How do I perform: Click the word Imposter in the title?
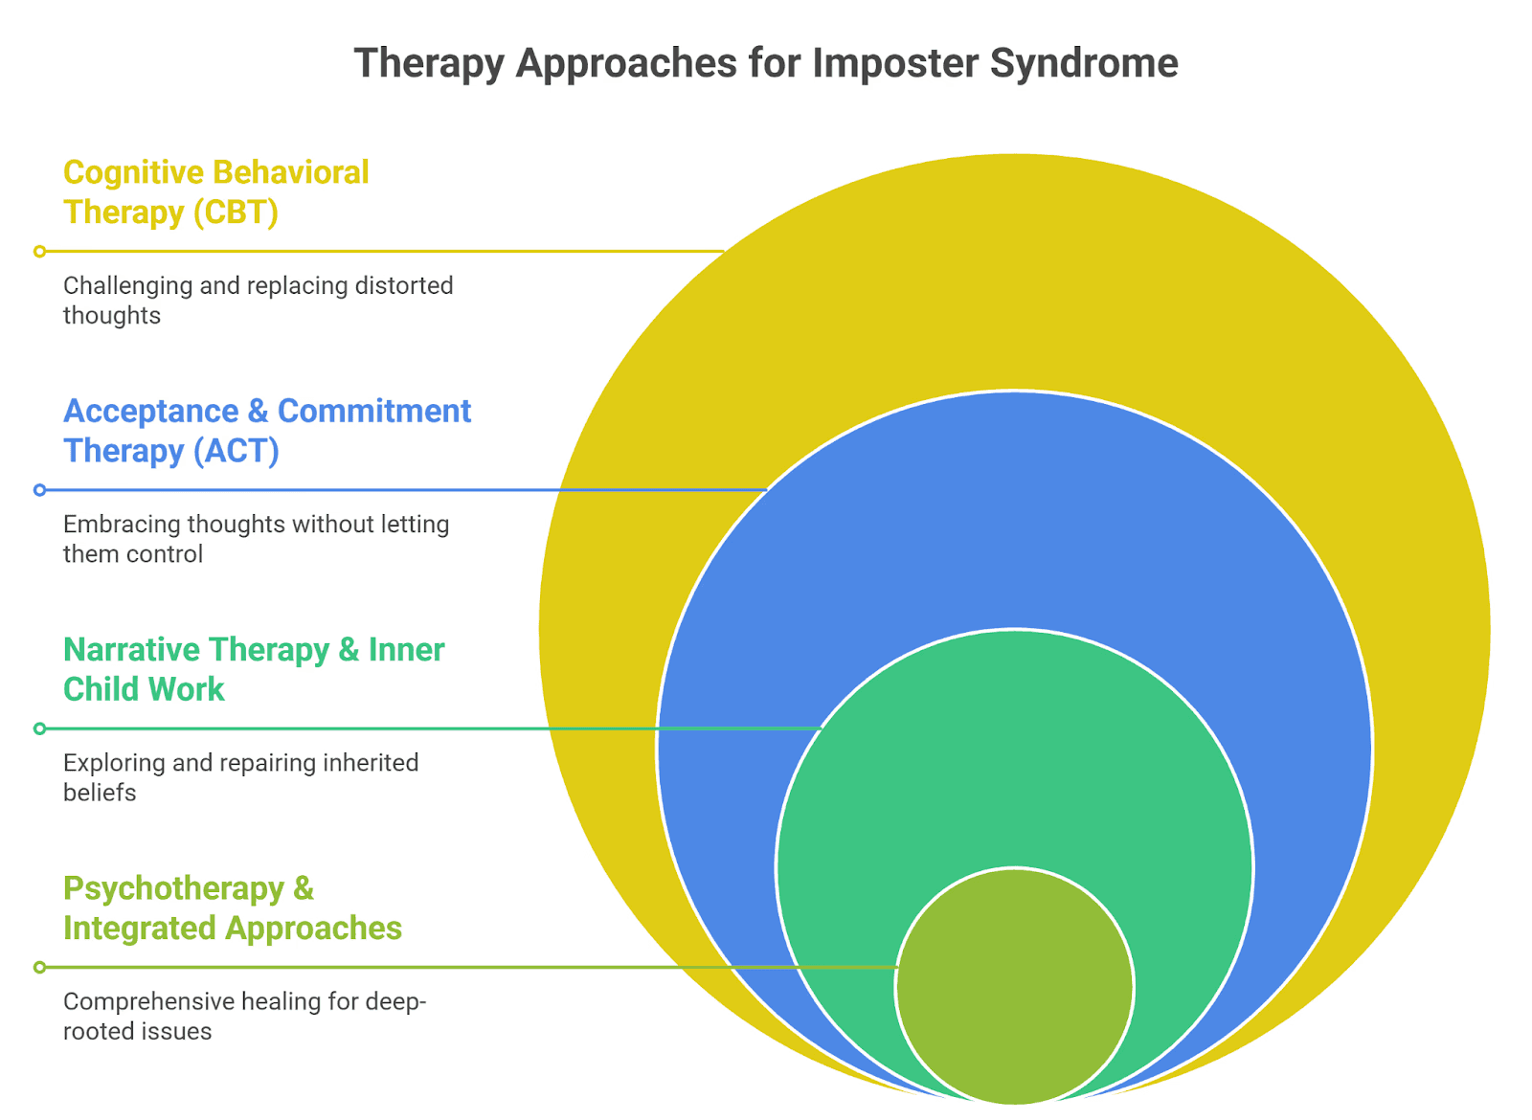pos(895,64)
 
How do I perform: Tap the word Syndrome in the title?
pos(1084,64)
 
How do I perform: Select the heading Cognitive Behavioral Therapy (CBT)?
pos(215,191)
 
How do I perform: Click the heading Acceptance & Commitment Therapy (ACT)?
pos(266,430)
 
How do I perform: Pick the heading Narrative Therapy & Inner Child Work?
pos(253,669)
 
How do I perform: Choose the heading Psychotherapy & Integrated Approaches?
pos(232,907)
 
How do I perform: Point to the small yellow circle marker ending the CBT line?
pos(39,252)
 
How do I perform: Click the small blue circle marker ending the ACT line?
pos(39,490)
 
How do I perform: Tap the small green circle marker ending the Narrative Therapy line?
pos(39,728)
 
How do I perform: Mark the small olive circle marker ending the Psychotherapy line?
pos(39,968)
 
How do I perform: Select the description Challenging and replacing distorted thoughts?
pos(258,300)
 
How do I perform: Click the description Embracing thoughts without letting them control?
pos(256,539)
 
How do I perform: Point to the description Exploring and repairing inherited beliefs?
pos(240,777)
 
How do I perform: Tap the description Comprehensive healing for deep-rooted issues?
pos(244,1016)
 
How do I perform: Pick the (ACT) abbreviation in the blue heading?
pos(236,450)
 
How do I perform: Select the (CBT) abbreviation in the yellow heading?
pos(236,212)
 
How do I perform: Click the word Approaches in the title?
pos(627,64)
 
